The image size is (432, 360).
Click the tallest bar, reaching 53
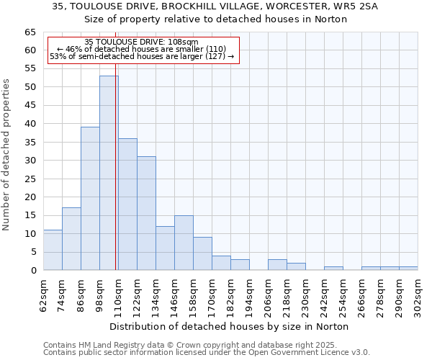[109, 173]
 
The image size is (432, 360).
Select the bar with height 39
[90, 199]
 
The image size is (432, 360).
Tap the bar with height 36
[127, 204]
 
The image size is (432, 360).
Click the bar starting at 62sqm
[53, 250]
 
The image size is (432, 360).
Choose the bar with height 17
[71, 239]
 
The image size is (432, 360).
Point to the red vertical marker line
[115, 180]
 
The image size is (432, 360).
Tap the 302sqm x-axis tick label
[418, 294]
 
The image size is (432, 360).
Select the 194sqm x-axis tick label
[250, 294]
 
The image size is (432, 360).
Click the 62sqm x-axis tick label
[44, 294]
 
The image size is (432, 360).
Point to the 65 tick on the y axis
[30, 32]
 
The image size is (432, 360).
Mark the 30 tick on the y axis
[30, 161]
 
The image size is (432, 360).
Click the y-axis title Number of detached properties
[7, 155]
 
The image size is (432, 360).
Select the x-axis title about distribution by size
[230, 326]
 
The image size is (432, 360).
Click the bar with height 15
[184, 243]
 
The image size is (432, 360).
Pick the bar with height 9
[202, 253]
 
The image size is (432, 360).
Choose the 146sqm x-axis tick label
[175, 294]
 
